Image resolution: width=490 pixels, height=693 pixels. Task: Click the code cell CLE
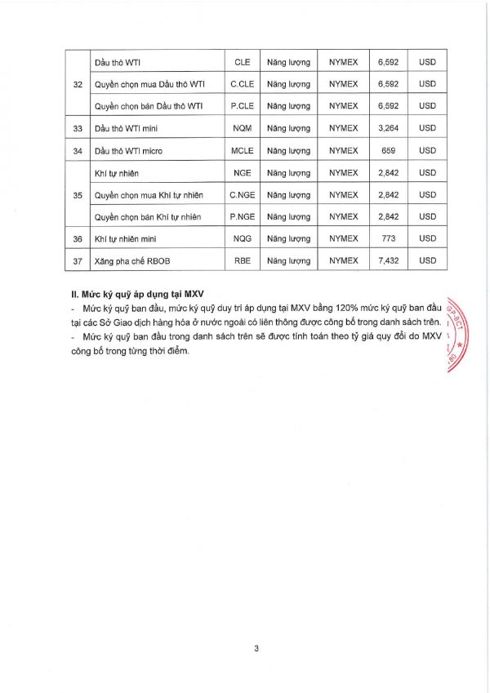pyautogui.click(x=242, y=62)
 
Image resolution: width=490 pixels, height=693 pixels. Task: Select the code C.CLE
pyautogui.click(x=242, y=83)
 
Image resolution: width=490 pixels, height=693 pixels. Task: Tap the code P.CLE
pyautogui.click(x=242, y=106)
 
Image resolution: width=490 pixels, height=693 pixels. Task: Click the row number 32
pyautogui.click(x=78, y=83)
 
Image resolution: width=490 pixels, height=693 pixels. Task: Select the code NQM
pyautogui.click(x=243, y=128)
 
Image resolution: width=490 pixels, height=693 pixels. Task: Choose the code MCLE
pyautogui.click(x=243, y=150)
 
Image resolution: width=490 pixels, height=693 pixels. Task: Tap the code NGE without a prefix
pyautogui.click(x=243, y=173)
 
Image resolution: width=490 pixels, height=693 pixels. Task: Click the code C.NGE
pyautogui.click(x=243, y=194)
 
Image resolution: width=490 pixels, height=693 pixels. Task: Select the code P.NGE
pyautogui.click(x=243, y=216)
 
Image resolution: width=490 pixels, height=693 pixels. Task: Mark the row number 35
pyautogui.click(x=78, y=194)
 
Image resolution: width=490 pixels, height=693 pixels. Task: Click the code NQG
pyautogui.click(x=243, y=238)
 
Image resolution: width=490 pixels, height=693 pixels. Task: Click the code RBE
pyautogui.click(x=243, y=260)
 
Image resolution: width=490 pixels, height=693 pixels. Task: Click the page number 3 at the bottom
pyautogui.click(x=256, y=649)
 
